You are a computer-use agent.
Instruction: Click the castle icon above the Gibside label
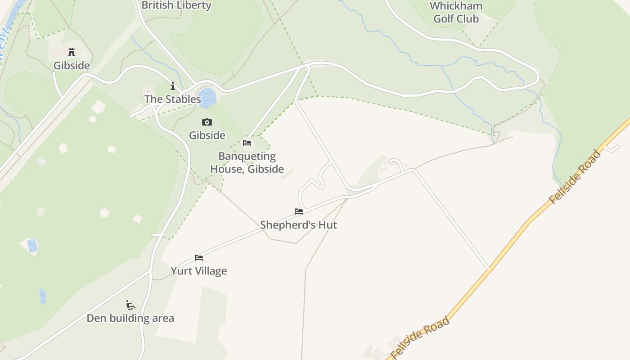[x=72, y=52]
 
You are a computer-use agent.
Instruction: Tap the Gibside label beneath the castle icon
[x=72, y=66]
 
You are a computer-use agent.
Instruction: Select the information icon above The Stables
[x=172, y=86]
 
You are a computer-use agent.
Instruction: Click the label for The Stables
[x=172, y=99]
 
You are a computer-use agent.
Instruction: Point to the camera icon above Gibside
[x=207, y=122]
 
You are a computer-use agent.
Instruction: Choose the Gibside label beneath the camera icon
[x=207, y=135]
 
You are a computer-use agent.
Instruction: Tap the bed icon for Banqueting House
[x=247, y=143]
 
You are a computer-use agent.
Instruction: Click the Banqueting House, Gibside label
[x=247, y=162]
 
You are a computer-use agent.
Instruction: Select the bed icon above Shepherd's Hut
[x=299, y=211]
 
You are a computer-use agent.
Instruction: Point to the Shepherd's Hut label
[x=298, y=225]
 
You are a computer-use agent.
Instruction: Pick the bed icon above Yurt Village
[x=199, y=258]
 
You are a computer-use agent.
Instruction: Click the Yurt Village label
[x=199, y=271]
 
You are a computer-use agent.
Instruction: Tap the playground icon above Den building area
[x=130, y=305]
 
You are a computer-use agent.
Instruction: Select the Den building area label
[x=130, y=318]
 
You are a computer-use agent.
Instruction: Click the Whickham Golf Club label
[x=456, y=12]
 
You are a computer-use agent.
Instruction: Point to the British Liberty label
[x=176, y=5]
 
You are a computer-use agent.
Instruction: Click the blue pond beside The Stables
[x=207, y=98]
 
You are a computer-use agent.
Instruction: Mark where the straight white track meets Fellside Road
[x=489, y=269]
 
